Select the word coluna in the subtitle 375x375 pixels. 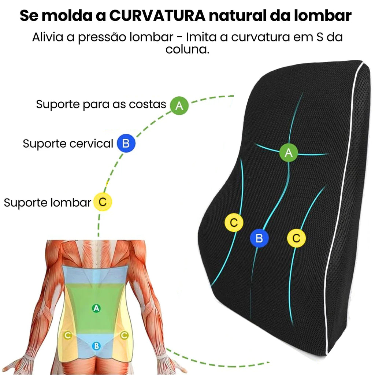187,49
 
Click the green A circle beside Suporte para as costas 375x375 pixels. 179,105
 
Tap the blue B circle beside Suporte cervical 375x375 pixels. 126,143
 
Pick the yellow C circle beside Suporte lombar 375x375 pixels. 103,202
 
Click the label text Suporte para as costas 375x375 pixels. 101,104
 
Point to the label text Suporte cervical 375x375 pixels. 68,144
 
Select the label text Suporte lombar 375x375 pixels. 48,203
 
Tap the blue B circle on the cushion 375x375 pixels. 259,238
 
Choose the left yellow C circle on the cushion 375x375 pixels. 234,222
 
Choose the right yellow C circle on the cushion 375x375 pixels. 296,238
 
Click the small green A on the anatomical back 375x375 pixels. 96,308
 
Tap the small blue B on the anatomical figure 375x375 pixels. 96,345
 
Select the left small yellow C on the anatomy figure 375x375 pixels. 67,335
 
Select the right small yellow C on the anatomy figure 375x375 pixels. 125,335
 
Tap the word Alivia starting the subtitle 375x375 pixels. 48,37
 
